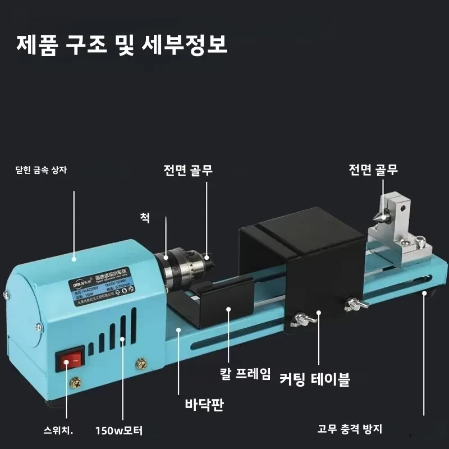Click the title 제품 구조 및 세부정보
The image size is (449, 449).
coord(122,44)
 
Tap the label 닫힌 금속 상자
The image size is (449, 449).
coord(41,169)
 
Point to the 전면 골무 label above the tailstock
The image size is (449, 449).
coord(373,170)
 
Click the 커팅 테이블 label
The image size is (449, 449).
coord(315,380)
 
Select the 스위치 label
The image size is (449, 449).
coord(59,431)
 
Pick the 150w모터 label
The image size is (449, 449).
coord(120,431)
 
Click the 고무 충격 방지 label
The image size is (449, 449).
coord(358,430)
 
